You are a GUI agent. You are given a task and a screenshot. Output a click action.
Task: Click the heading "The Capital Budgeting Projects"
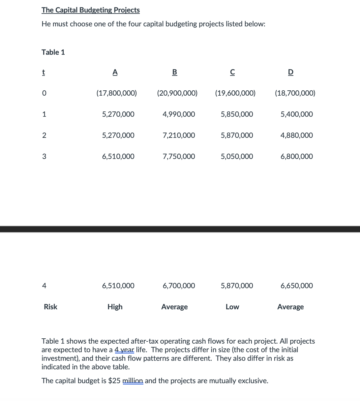coord(91,10)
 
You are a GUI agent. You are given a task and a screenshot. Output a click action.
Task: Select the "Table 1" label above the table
coord(53,52)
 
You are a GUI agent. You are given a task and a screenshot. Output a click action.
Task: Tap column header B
coord(175,72)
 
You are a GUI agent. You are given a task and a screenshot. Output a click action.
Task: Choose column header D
coord(290,72)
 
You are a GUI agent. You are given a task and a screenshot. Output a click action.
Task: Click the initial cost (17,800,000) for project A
coord(116,93)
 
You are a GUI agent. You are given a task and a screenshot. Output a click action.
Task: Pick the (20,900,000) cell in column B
coord(177,93)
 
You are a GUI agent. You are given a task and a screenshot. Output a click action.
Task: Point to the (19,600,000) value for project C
coord(235,93)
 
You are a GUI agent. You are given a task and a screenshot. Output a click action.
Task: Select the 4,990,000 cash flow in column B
coord(179,114)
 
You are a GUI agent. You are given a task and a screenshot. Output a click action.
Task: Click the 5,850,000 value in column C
coord(237,114)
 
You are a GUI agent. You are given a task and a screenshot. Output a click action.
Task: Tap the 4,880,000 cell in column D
coord(297,135)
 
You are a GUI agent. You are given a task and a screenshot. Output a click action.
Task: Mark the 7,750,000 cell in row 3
coord(179,156)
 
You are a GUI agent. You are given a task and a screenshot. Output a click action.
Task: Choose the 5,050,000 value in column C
coord(237,156)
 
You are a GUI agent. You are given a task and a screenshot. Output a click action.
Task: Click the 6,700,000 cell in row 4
coord(179,286)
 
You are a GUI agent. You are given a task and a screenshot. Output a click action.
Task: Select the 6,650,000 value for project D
coord(297,286)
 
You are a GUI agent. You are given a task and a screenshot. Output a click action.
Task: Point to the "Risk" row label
coord(50,307)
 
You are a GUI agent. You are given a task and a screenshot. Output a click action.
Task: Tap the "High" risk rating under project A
coord(115,307)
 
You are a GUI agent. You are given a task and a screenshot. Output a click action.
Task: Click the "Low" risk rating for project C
coord(232,307)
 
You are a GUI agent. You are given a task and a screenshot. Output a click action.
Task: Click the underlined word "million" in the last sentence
coord(133,381)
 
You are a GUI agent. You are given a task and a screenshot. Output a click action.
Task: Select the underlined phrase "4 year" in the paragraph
coord(125,350)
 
